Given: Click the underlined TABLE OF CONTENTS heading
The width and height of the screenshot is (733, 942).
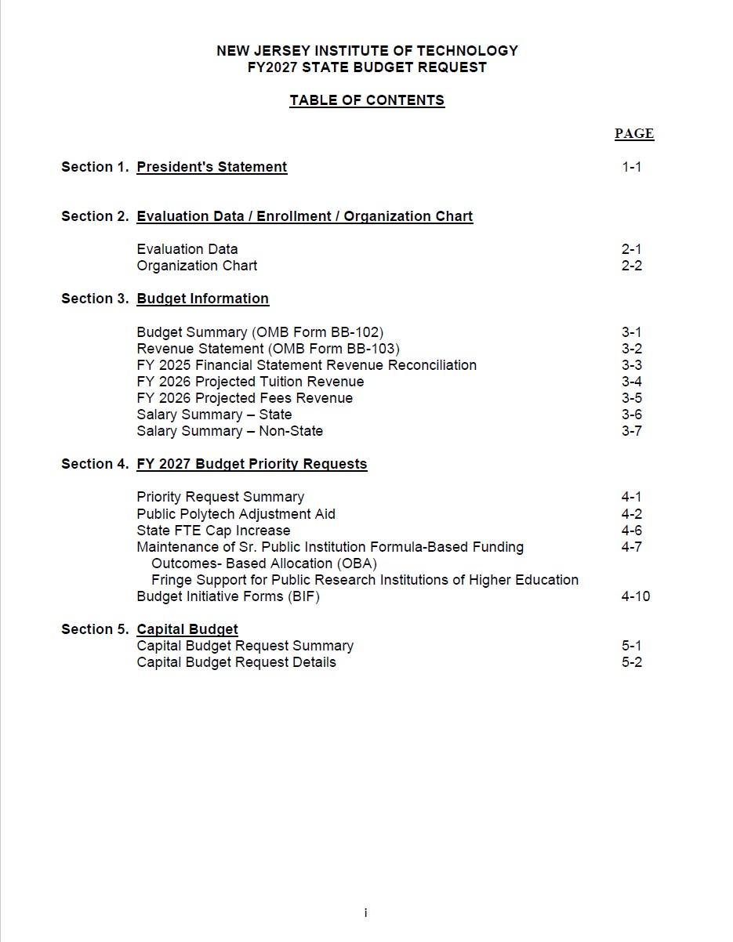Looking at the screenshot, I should point(367,100).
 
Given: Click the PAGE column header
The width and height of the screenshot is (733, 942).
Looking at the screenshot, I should point(633,133).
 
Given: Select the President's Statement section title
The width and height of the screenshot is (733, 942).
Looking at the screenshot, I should point(212,167).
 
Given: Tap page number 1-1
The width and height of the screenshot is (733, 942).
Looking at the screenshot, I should point(631,167).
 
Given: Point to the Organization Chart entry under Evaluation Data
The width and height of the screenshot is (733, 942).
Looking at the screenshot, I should point(197,266).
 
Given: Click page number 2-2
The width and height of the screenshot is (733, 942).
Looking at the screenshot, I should point(631,266).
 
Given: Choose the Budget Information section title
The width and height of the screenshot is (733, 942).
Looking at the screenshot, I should point(202,299).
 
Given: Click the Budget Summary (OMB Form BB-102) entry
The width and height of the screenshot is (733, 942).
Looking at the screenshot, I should point(260,332).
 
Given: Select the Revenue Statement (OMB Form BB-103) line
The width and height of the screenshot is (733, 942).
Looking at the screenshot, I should point(268,349).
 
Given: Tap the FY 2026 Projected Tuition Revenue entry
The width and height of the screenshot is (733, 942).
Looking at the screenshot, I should point(250,382).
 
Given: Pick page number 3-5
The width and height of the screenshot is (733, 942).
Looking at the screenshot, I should point(631,398).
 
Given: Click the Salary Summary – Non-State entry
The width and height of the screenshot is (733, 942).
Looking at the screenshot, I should point(230,431).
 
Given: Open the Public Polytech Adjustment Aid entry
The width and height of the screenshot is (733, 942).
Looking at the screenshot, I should point(236,514).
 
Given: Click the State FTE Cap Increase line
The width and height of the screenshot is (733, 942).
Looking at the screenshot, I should point(213,531).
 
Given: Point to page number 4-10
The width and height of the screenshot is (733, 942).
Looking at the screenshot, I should point(635,596).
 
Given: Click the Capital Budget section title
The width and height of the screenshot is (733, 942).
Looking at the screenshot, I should point(187,629).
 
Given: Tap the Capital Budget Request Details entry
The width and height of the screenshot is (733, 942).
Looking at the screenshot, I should point(236,662).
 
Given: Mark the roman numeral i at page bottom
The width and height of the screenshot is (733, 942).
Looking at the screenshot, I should point(366,913).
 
